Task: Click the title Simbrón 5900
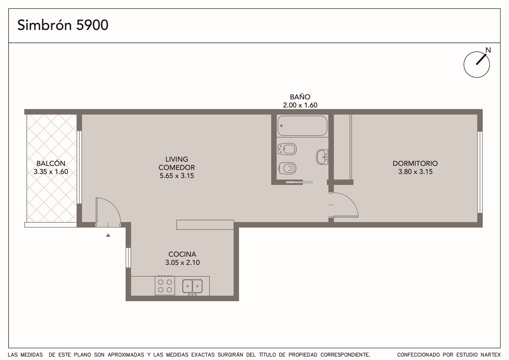click(63, 25)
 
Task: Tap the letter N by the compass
click(488, 50)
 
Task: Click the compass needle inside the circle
click(481, 60)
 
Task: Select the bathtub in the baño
click(302, 126)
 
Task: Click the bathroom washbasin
click(322, 157)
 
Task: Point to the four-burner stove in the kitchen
click(165, 286)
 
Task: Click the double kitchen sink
click(193, 286)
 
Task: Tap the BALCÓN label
click(51, 163)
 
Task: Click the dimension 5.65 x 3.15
click(177, 176)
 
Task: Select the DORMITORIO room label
click(415, 163)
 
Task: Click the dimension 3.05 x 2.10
click(183, 262)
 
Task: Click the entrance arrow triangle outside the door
click(108, 235)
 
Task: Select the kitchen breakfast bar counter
click(205, 225)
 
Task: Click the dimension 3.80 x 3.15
click(415, 172)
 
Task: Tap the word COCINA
click(182, 254)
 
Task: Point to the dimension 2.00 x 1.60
click(300, 105)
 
